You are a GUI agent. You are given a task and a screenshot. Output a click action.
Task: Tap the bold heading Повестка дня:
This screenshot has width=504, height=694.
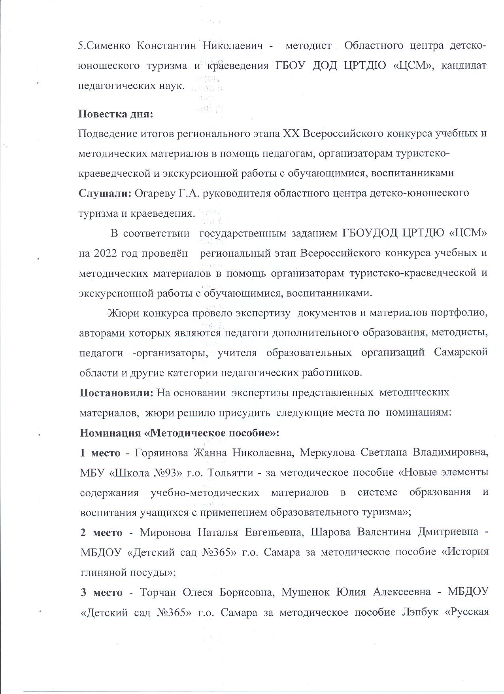(x=115, y=114)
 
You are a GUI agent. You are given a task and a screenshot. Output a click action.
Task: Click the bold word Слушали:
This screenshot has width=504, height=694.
(x=105, y=193)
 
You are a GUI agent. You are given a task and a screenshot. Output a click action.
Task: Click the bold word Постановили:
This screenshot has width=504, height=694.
(x=117, y=393)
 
